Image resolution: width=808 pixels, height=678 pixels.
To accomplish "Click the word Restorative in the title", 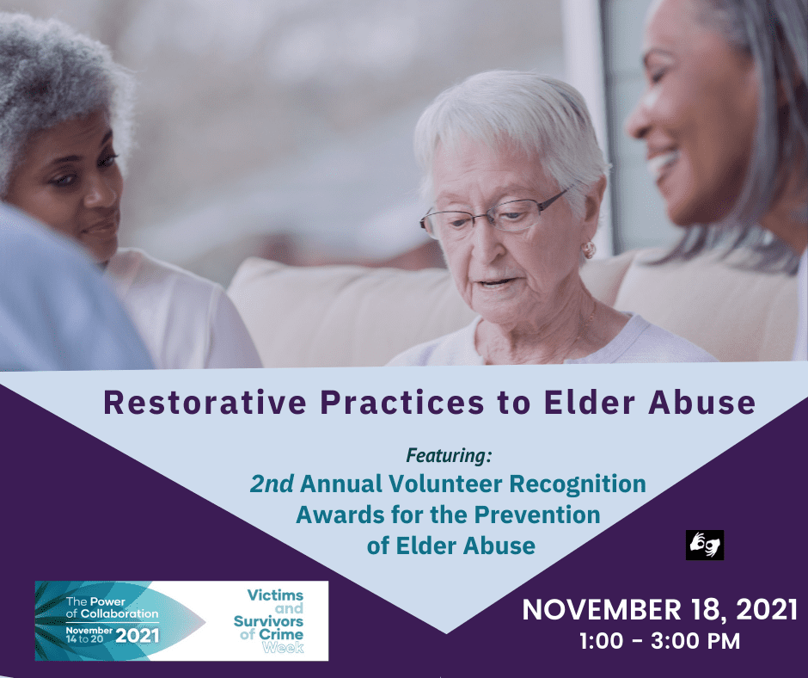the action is pyautogui.click(x=205, y=403).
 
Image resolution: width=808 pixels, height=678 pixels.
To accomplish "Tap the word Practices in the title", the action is pyautogui.click(x=402, y=403).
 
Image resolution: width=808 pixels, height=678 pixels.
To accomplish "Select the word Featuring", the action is pyautogui.click(x=449, y=456).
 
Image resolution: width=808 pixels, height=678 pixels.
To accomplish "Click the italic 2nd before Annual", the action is pyautogui.click(x=272, y=484).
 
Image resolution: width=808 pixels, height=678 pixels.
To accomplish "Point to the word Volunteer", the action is pyautogui.click(x=445, y=484).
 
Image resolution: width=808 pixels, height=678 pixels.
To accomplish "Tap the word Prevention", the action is pyautogui.click(x=537, y=515).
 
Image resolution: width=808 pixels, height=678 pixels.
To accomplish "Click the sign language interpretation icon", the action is pyautogui.click(x=705, y=545).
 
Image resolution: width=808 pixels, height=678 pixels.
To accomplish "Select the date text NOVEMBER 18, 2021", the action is pyautogui.click(x=660, y=610).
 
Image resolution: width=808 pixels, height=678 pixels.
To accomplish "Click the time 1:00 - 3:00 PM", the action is pyautogui.click(x=660, y=641).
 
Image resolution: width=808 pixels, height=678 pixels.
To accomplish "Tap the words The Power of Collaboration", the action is pyautogui.click(x=112, y=607).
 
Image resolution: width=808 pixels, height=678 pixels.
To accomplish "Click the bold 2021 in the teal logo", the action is pyautogui.click(x=137, y=636).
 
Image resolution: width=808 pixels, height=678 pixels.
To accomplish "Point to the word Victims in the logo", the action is pyautogui.click(x=275, y=595).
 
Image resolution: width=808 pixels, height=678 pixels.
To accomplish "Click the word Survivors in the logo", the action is pyautogui.click(x=268, y=621).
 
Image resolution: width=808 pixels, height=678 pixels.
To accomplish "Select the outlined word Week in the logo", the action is pyautogui.click(x=283, y=648).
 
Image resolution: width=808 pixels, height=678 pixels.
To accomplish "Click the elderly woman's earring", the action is pyautogui.click(x=589, y=250).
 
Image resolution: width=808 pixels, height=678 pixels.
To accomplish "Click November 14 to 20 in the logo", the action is pyautogui.click(x=89, y=635).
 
